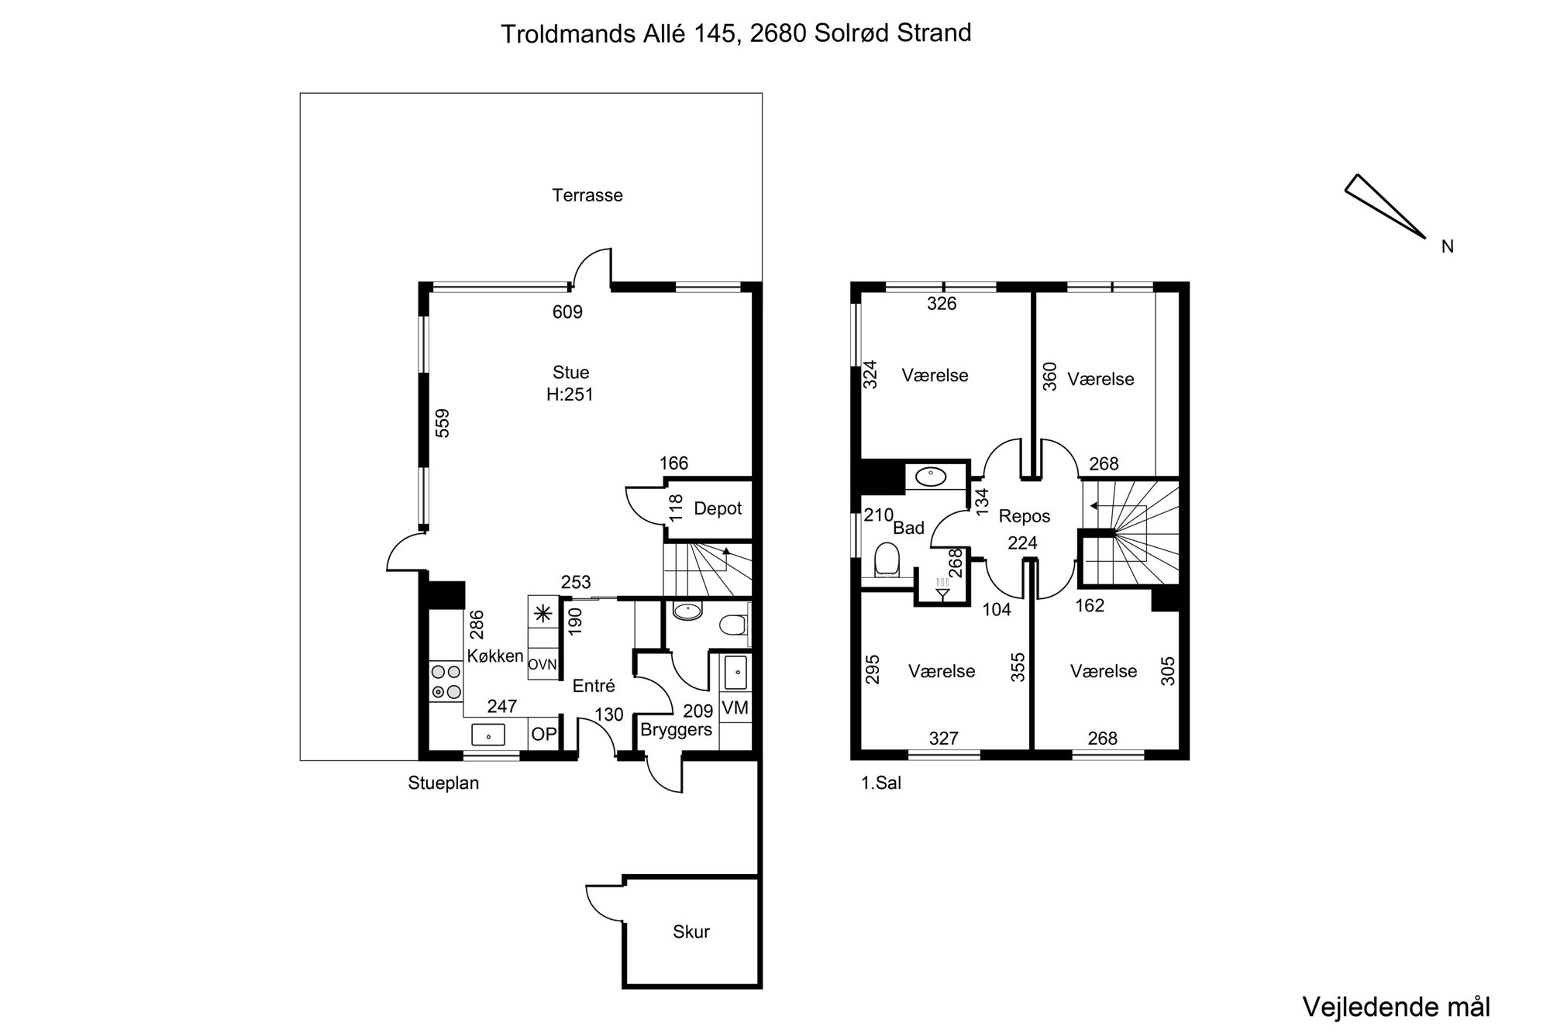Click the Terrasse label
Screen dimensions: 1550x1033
pyautogui.click(x=587, y=195)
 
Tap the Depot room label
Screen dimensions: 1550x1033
pyautogui.click(x=718, y=509)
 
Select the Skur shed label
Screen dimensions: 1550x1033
pyautogui.click(x=691, y=931)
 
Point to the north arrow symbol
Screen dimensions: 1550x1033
pyautogui.click(x=1385, y=206)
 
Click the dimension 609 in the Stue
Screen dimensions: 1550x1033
pyautogui.click(x=567, y=312)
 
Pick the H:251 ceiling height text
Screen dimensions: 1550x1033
pyautogui.click(x=570, y=394)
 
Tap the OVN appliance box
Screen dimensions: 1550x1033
pyautogui.click(x=542, y=664)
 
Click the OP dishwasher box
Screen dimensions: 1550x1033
pyautogui.click(x=544, y=733)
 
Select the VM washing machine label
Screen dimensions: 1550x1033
pyautogui.click(x=735, y=708)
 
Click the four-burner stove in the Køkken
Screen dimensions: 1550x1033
pyautogui.click(x=446, y=682)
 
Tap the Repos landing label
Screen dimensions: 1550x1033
pyautogui.click(x=1025, y=516)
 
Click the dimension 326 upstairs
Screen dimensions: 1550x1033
pyautogui.click(x=942, y=304)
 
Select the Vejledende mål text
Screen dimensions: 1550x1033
pyautogui.click(x=1397, y=1007)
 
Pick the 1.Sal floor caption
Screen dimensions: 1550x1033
pyautogui.click(x=881, y=783)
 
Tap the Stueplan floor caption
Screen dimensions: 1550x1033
pyautogui.click(x=443, y=783)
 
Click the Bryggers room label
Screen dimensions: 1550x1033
pyautogui.click(x=676, y=730)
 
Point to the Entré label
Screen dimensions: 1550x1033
pyautogui.click(x=594, y=686)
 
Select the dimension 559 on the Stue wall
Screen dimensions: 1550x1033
pyautogui.click(x=442, y=423)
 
